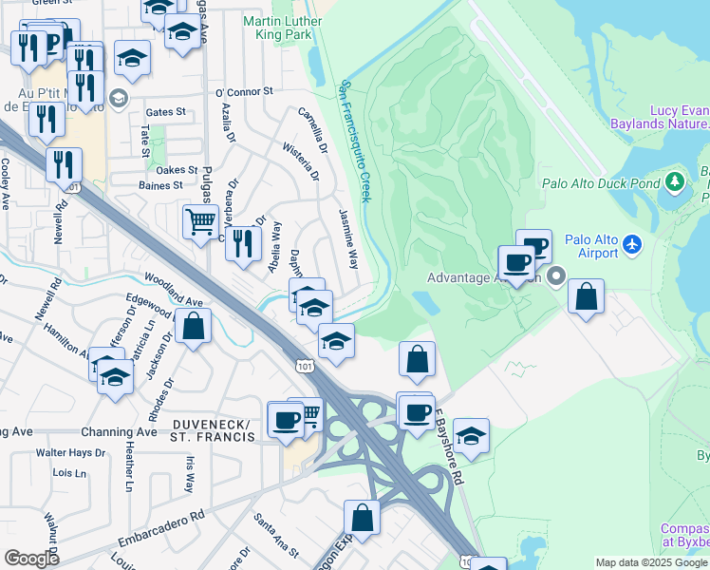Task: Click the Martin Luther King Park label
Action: [x=277, y=27]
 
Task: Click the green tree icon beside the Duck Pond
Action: [x=675, y=180]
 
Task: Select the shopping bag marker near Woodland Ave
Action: [x=194, y=327]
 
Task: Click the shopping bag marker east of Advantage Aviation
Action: [x=587, y=295]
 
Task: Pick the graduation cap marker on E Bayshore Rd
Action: [x=471, y=435]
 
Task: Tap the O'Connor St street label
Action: [x=244, y=92]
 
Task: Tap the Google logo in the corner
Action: [x=31, y=558]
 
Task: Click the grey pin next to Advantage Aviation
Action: [x=555, y=276]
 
